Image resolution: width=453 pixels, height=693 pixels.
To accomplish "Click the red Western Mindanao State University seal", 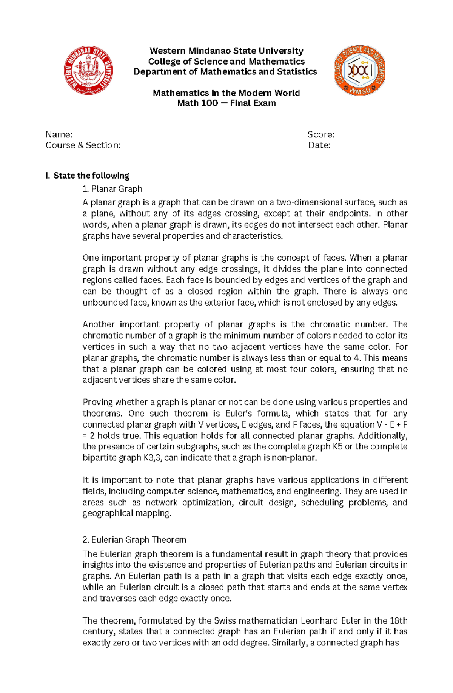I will click(x=89, y=71).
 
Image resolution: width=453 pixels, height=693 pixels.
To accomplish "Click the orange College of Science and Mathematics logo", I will click(x=359, y=70).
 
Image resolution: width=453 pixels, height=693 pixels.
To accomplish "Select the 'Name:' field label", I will click(x=59, y=135).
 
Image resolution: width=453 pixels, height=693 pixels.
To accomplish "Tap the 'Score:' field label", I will click(x=321, y=135).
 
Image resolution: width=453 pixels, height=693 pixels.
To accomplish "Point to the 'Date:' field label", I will click(x=319, y=145).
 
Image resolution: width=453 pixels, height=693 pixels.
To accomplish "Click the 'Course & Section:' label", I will click(x=83, y=145).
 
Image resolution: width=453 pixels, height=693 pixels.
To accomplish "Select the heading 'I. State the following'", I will click(x=87, y=176).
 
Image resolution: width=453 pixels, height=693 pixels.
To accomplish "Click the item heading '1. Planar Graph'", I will click(x=112, y=189).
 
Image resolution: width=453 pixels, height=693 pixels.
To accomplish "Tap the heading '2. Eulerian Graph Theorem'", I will click(x=134, y=540).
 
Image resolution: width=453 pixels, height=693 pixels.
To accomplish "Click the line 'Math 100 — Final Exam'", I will click(x=226, y=103).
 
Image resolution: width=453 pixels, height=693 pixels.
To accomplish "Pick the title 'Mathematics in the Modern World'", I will click(x=226, y=93).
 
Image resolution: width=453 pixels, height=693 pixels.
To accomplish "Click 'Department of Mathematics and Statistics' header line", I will click(x=225, y=72).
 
